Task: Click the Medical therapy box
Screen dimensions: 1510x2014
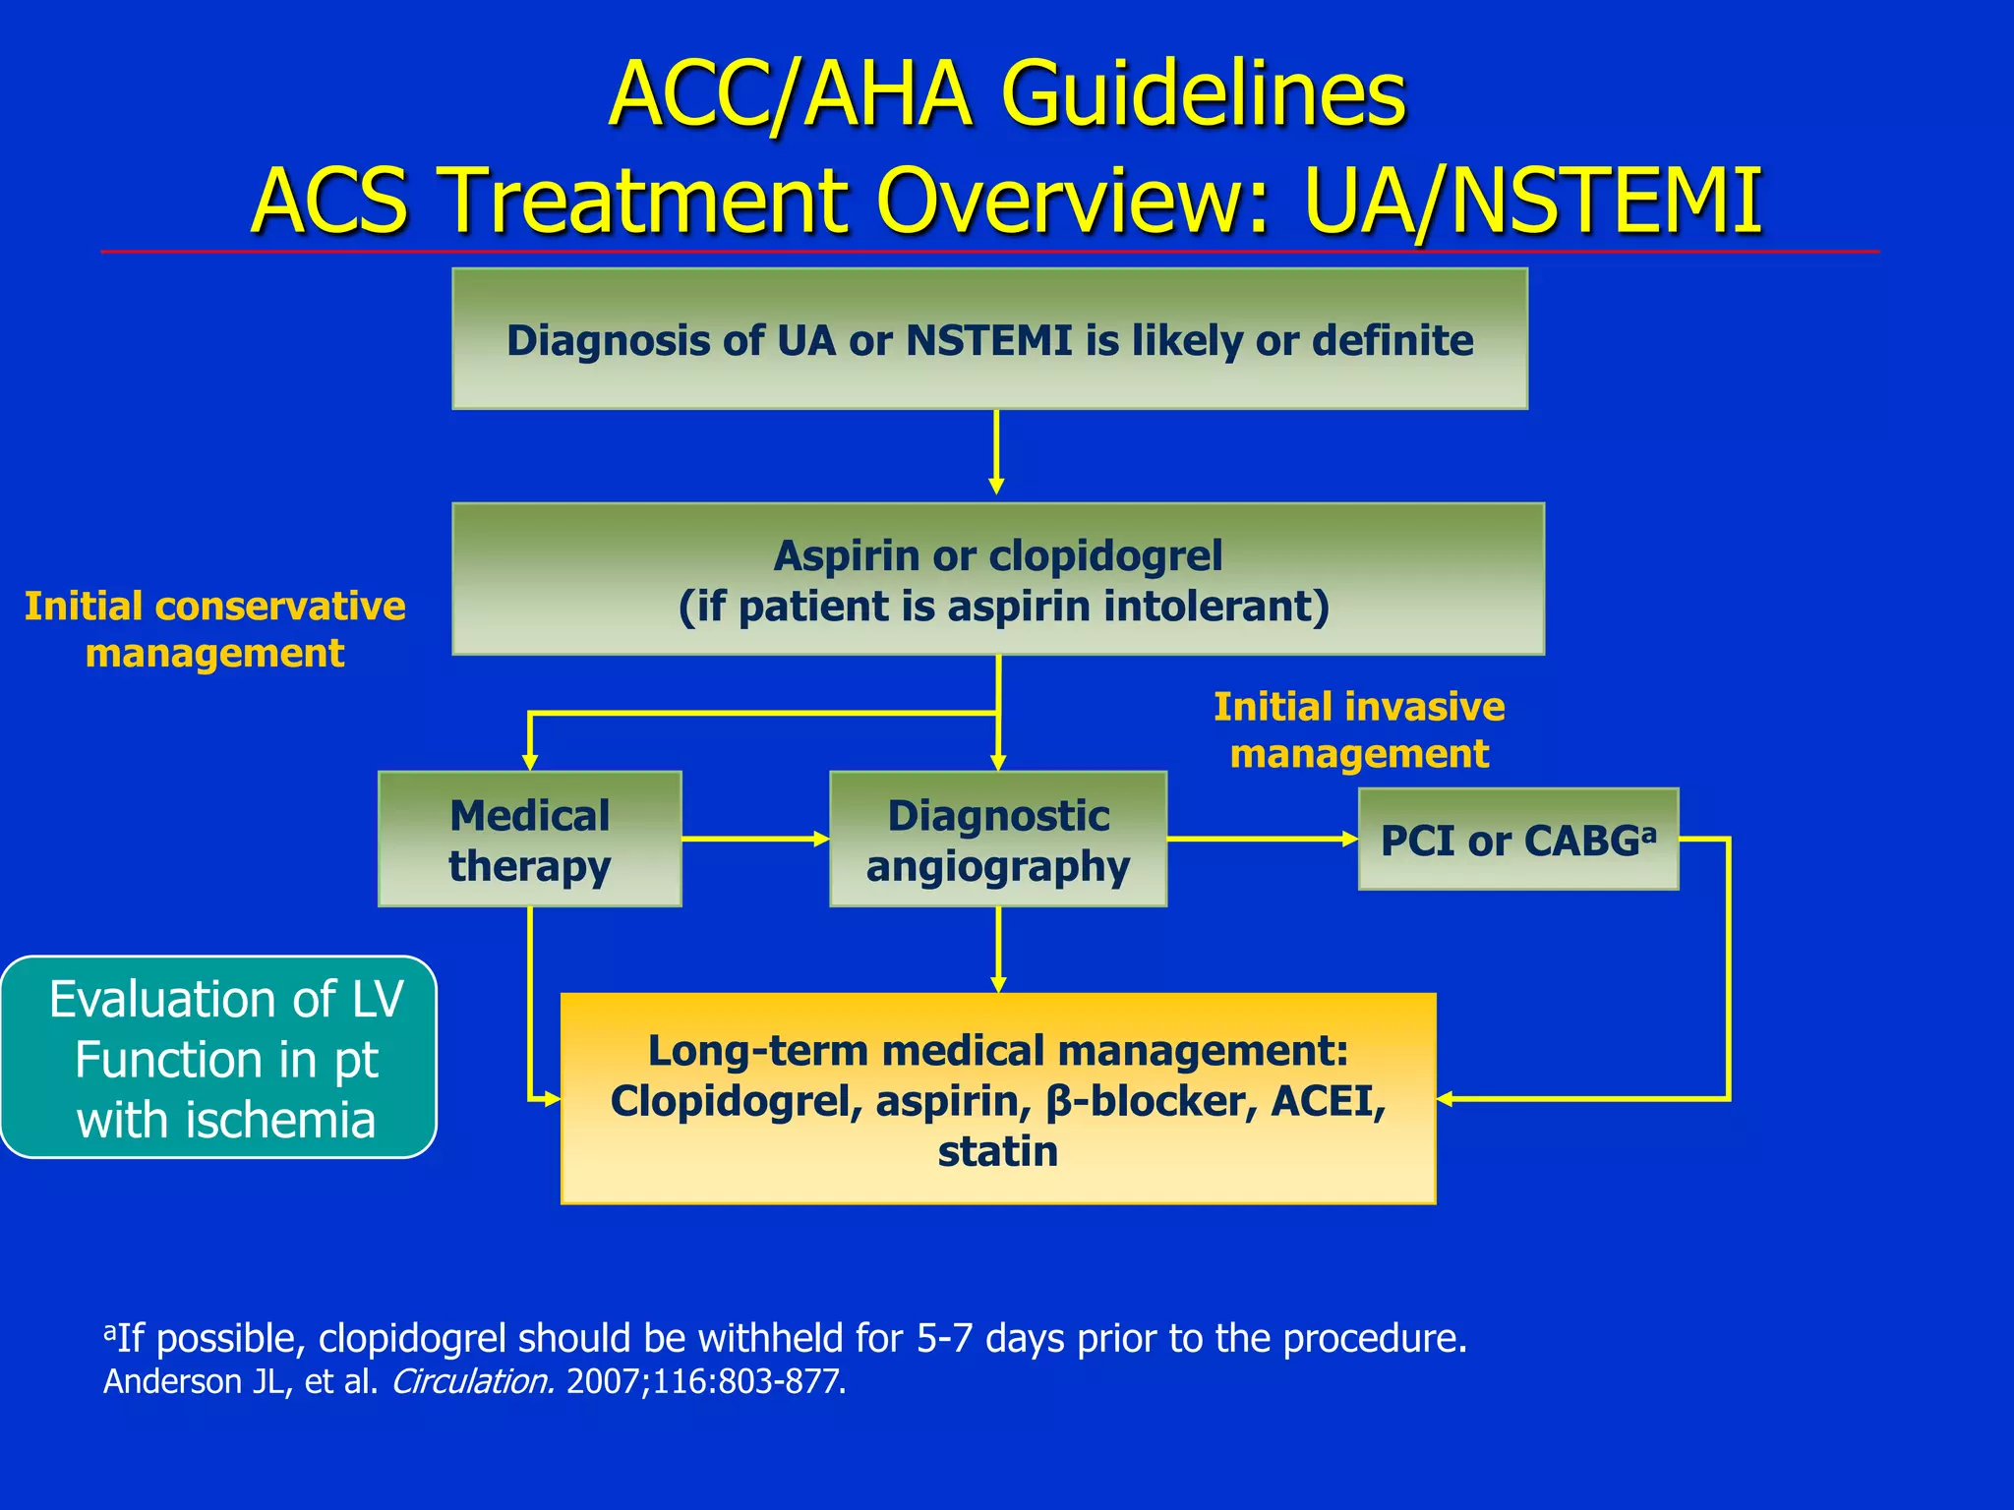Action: [529, 839]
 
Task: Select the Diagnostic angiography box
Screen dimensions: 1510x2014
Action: [997, 839]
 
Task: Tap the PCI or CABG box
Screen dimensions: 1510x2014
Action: [1517, 840]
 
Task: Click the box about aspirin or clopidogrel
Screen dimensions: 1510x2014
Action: [997, 579]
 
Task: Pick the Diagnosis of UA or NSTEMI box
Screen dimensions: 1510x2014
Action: [989, 339]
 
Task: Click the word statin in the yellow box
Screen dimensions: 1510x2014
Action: [997, 1151]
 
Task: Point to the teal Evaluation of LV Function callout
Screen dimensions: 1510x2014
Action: [218, 1058]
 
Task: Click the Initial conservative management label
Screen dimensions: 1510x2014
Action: [214, 629]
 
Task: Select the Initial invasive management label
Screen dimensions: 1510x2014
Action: [1359, 729]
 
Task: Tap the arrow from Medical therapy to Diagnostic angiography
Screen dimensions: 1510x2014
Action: [755, 839]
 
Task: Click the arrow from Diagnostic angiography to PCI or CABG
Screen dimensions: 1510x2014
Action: [1263, 839]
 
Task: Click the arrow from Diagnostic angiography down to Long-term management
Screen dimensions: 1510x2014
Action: [998, 949]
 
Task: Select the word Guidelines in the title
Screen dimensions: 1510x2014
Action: [1204, 95]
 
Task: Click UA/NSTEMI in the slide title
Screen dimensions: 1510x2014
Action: [1532, 202]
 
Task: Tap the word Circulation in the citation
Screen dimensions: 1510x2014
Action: [472, 1381]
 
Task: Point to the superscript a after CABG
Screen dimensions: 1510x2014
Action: [1648, 833]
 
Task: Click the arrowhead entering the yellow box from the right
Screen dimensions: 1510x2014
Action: [1446, 1099]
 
